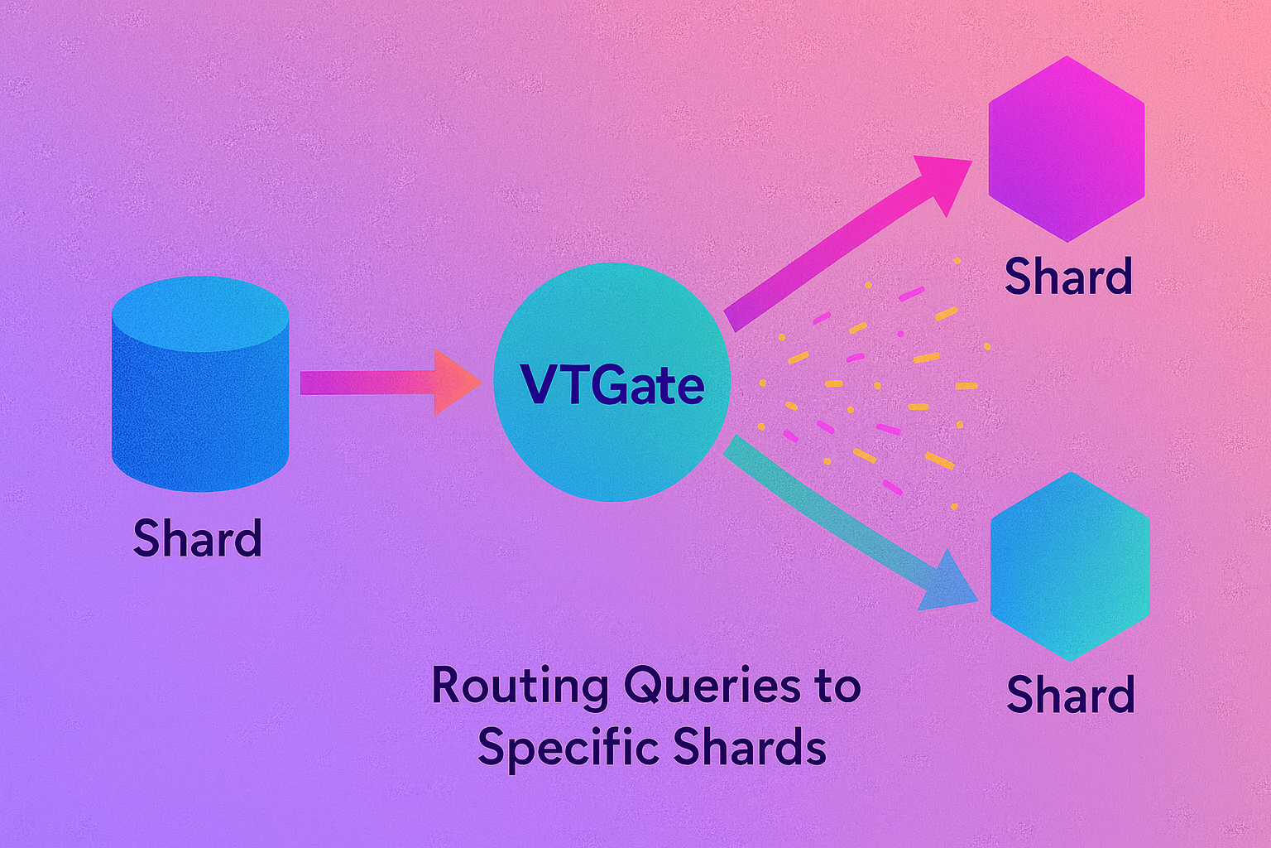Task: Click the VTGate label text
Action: coord(612,384)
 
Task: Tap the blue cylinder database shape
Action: coord(200,389)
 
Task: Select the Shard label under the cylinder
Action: coord(198,538)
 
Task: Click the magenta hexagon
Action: coord(1067,149)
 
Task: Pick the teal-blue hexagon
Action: coord(1070,566)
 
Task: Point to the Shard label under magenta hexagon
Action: coord(1068,277)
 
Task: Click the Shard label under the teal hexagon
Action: coord(1071,694)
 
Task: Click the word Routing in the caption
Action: coord(520,687)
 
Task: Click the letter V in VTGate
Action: coord(537,385)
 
